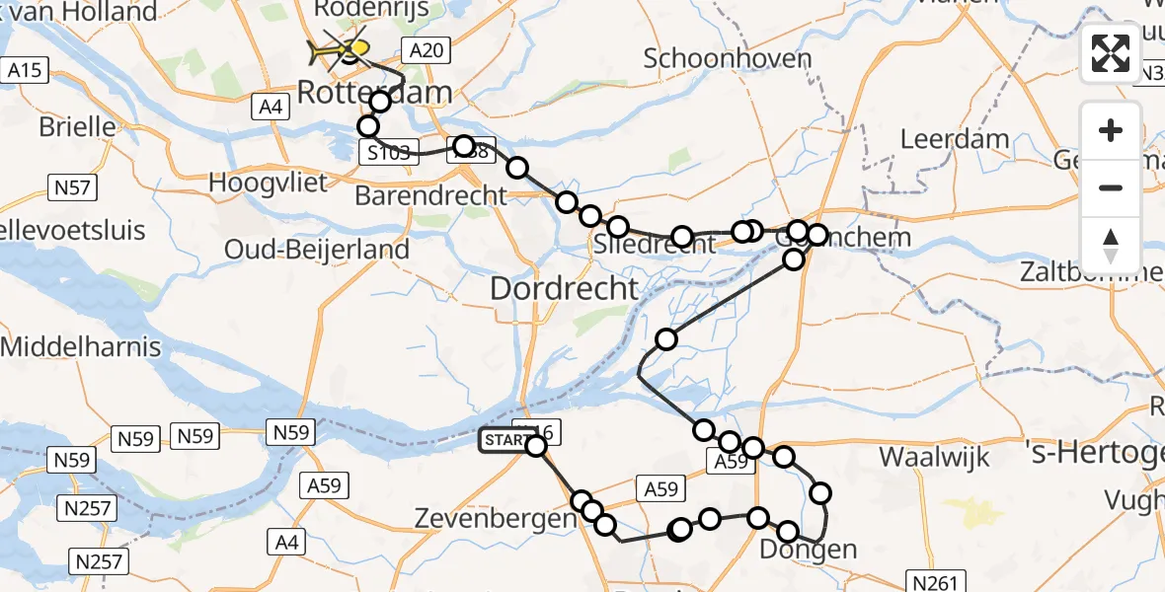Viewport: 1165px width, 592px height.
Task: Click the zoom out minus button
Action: (x=1111, y=187)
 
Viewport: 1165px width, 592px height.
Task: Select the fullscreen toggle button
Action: (x=1111, y=53)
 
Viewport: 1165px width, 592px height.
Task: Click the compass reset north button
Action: (x=1111, y=245)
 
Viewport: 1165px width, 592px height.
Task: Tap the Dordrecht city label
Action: (x=565, y=290)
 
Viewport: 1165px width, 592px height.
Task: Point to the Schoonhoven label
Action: (x=728, y=58)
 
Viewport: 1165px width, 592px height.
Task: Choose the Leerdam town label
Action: (x=956, y=139)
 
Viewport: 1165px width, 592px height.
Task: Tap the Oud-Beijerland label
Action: (x=317, y=250)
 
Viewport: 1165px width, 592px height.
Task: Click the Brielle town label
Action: (x=77, y=127)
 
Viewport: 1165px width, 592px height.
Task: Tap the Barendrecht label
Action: (x=430, y=195)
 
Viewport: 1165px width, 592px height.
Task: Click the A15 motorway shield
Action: (x=25, y=70)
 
